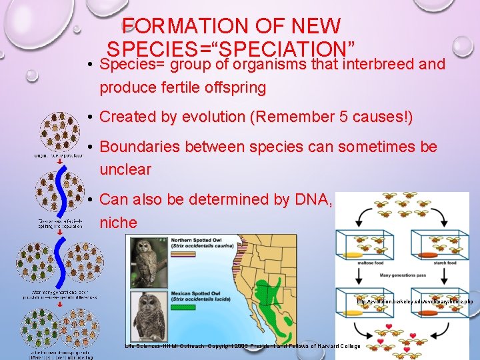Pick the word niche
tap(118, 222)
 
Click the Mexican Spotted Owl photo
tap(148, 317)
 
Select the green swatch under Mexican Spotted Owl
tap(184, 307)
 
